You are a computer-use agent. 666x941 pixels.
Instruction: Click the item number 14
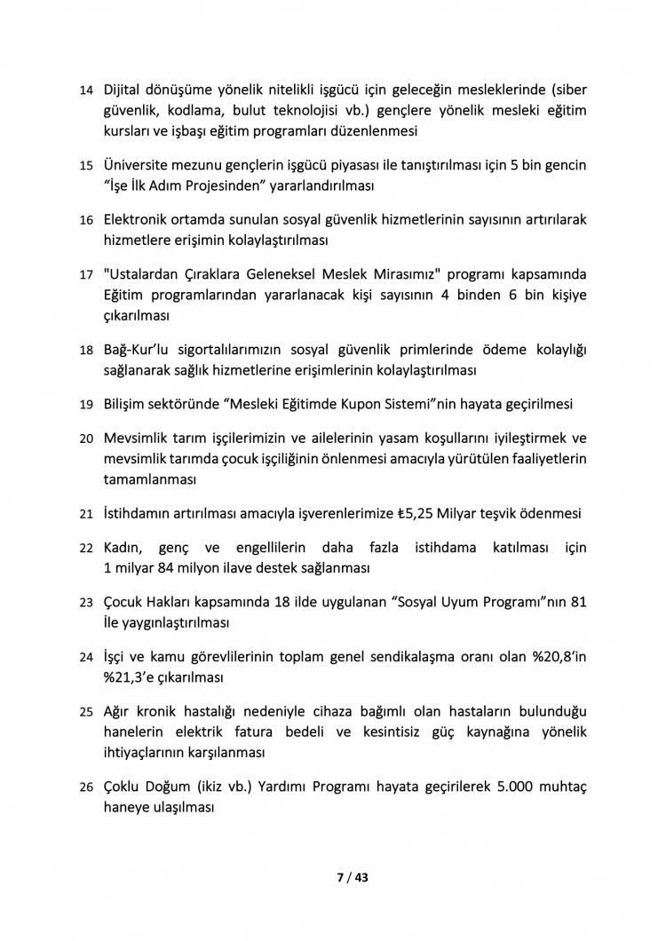coord(86,91)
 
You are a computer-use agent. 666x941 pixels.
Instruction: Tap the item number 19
coord(86,405)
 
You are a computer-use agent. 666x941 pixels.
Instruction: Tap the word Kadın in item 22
coord(125,548)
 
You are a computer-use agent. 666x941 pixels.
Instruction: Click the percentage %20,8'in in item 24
coord(554,658)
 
